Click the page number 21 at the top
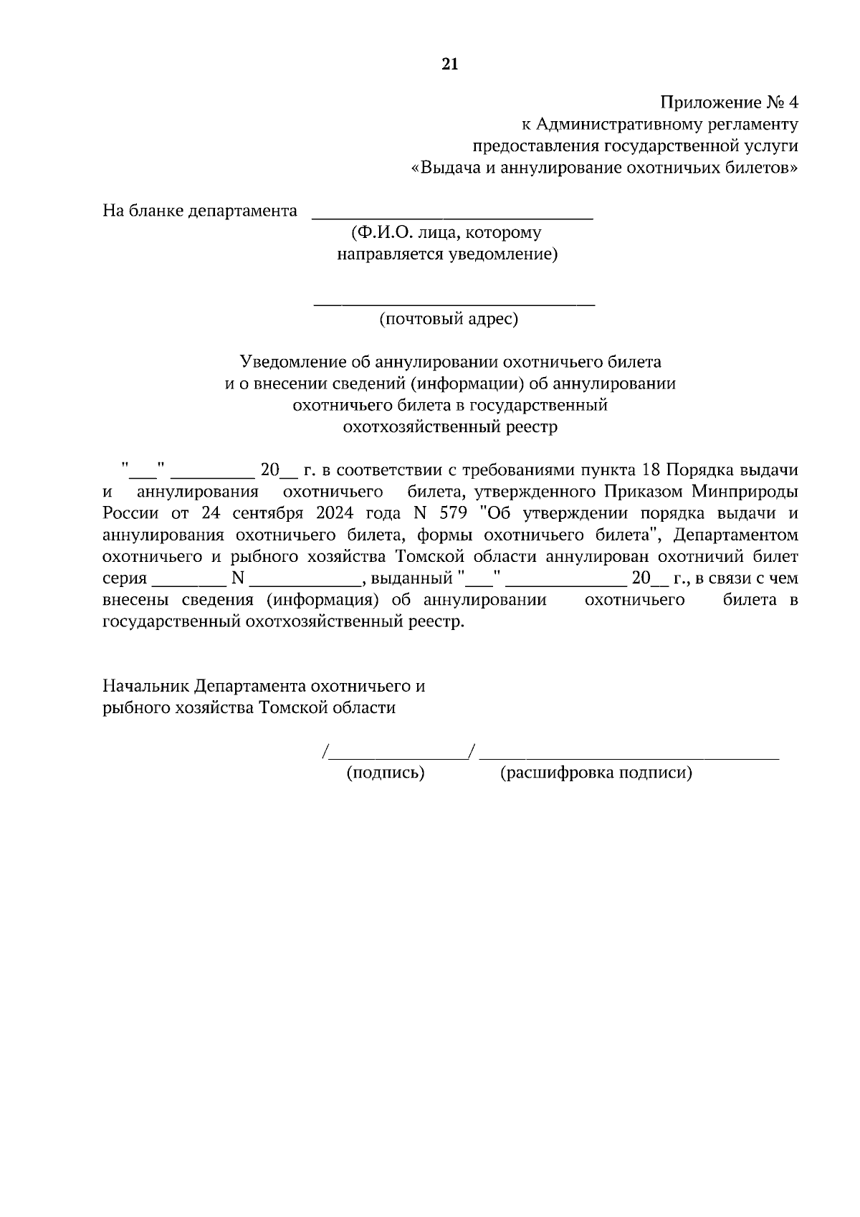point(449,65)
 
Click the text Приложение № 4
point(728,102)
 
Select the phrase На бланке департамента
point(200,211)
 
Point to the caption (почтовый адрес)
point(449,319)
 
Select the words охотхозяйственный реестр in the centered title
point(450,427)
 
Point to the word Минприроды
point(745,492)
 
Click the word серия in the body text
point(125,578)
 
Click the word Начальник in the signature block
point(145,686)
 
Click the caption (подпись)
point(386,773)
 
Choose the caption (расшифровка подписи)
point(596,773)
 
